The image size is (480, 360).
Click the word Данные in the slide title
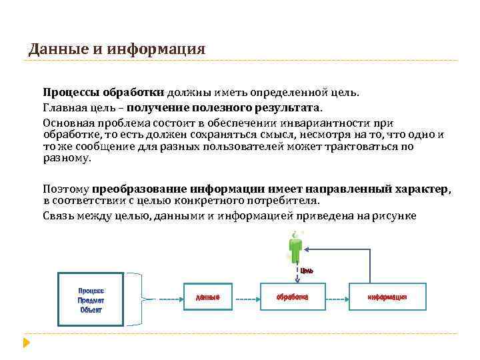(x=53, y=49)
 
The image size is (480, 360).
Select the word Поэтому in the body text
(x=66, y=189)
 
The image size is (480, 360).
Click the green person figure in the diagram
(x=293, y=248)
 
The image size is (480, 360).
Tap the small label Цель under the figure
(x=307, y=270)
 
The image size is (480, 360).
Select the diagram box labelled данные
(x=207, y=297)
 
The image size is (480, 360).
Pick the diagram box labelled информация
(x=387, y=297)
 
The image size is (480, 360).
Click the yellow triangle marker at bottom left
(x=26, y=344)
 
